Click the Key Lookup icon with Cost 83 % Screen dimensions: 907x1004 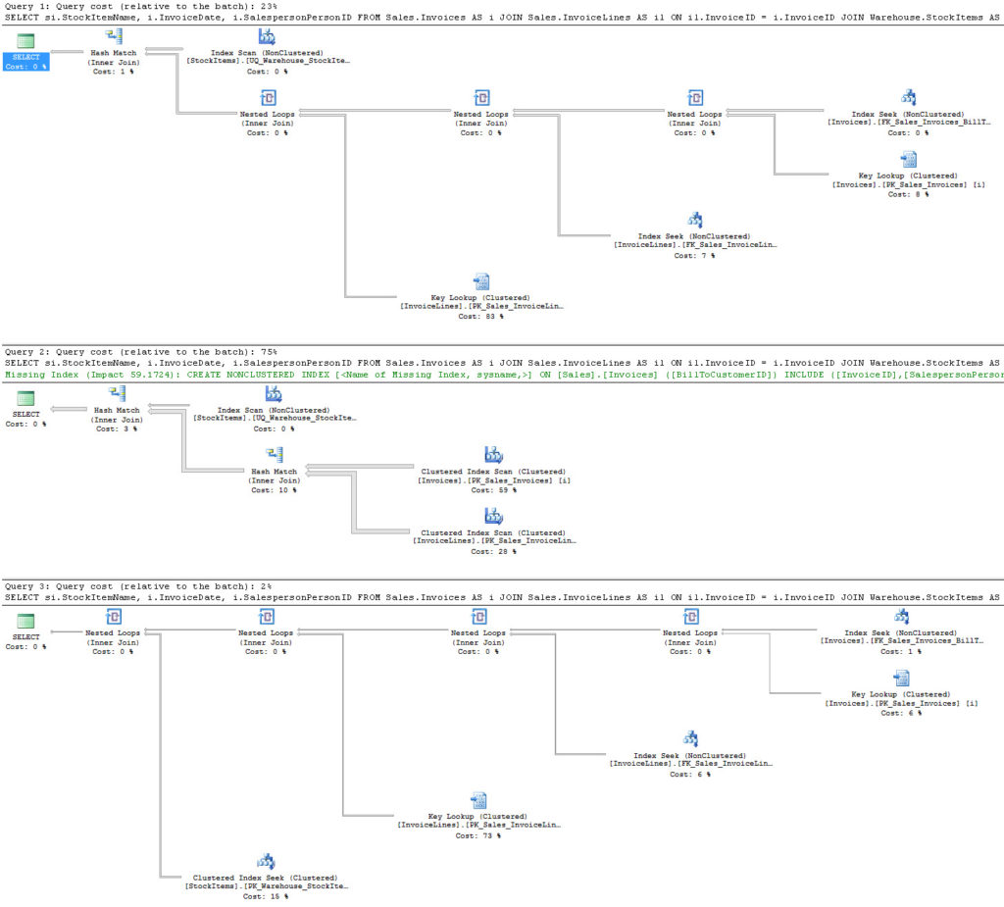coord(481,282)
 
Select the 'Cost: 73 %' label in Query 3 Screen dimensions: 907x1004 coord(478,835)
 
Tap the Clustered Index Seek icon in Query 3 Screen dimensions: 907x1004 coord(266,862)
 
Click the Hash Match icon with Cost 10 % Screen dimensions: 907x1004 coord(275,455)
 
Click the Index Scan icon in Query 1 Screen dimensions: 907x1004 coord(268,36)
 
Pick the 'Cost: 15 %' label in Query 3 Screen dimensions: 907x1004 coord(266,896)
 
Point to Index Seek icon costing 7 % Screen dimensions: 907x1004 coord(694,221)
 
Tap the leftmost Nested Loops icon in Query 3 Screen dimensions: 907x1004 coord(114,618)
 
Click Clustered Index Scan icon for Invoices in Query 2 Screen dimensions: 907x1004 coord(494,455)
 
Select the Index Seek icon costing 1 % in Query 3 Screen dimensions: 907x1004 coord(900,617)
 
